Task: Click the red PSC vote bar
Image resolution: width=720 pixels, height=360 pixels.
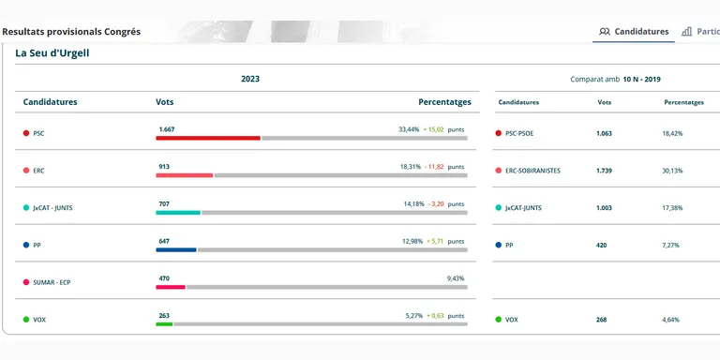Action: click(x=208, y=138)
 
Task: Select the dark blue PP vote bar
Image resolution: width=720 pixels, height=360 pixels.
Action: click(x=176, y=249)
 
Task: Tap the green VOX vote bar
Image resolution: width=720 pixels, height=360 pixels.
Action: click(x=164, y=324)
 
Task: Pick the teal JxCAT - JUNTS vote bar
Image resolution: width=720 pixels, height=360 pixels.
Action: click(x=178, y=213)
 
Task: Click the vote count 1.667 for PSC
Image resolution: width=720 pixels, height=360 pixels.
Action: click(x=167, y=129)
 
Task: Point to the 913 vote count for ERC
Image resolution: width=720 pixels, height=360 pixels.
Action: click(x=164, y=167)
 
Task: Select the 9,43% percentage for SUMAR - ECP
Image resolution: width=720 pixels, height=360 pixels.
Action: click(x=456, y=278)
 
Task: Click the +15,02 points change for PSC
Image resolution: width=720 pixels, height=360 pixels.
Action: click(x=434, y=129)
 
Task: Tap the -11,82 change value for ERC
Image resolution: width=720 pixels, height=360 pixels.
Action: click(x=434, y=167)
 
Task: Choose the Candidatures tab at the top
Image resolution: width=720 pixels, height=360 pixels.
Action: click(x=634, y=32)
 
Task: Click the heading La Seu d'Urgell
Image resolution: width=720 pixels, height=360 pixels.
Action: click(x=52, y=53)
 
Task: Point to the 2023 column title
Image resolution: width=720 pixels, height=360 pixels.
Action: click(x=250, y=79)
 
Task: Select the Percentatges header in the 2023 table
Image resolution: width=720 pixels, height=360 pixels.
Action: click(x=444, y=102)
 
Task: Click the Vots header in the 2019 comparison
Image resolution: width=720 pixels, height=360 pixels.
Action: click(x=605, y=102)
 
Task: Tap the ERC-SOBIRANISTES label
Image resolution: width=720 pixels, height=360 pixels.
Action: click(x=532, y=171)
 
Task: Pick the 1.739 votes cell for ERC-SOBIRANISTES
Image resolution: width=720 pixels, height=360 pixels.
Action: click(x=605, y=171)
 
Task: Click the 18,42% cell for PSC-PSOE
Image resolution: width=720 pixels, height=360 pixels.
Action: click(x=672, y=134)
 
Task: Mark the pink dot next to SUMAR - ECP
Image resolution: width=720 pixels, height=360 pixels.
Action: click(x=26, y=282)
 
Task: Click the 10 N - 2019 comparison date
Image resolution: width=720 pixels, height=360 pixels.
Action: click(x=641, y=80)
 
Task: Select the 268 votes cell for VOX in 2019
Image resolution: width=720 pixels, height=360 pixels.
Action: click(x=602, y=320)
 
